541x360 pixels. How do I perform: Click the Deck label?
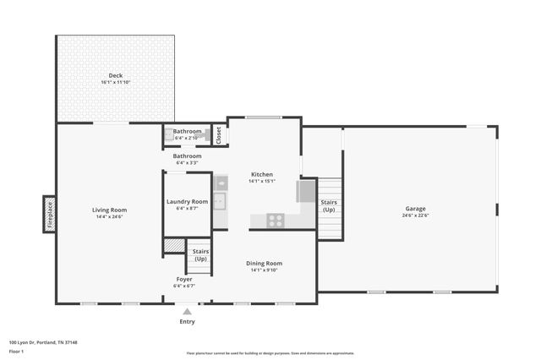point(115,75)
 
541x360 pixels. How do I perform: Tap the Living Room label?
point(109,210)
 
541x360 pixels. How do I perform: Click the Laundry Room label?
point(187,201)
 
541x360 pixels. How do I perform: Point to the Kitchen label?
point(261,174)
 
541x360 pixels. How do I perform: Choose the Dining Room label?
point(264,263)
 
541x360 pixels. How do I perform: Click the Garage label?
point(415,208)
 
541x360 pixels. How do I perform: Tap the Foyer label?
point(184,279)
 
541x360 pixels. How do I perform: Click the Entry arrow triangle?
point(187,312)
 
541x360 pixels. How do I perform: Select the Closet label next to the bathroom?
point(218,135)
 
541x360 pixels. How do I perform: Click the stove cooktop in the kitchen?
point(276,221)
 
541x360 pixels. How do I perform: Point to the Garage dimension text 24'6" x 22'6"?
point(415,215)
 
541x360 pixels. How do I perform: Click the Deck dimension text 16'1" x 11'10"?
point(115,83)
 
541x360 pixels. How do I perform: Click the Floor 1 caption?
point(16,350)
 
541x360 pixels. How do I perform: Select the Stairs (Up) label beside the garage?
point(329,205)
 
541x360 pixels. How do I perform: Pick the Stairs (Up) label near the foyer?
point(200,255)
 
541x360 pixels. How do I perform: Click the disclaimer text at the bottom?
point(270,353)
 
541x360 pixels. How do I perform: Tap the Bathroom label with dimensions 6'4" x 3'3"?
point(187,159)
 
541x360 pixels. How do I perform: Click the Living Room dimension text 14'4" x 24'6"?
point(109,216)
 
